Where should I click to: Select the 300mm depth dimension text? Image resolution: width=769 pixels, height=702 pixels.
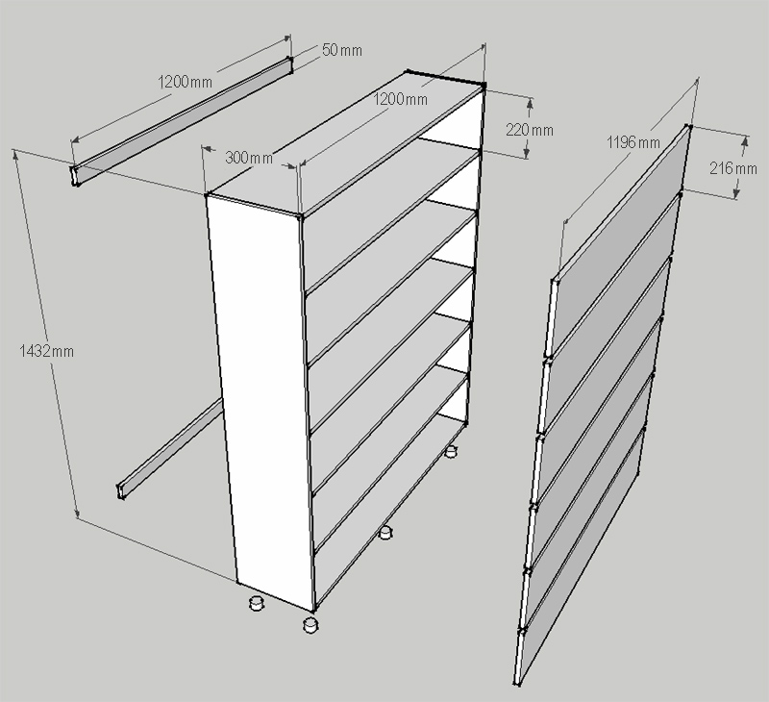(248, 157)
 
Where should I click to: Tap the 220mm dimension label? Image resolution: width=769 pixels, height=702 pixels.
(529, 129)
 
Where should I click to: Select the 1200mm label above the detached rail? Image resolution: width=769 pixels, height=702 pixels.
(185, 82)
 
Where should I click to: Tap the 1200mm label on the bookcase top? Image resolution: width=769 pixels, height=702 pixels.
(402, 99)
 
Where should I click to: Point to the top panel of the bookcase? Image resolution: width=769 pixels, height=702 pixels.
(346, 144)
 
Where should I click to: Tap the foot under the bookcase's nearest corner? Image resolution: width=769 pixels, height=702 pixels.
(310, 625)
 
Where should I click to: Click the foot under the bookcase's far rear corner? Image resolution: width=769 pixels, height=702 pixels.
(451, 450)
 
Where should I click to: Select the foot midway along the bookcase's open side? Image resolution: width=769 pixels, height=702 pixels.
(385, 533)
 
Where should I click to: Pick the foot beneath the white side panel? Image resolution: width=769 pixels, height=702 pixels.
(257, 603)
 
